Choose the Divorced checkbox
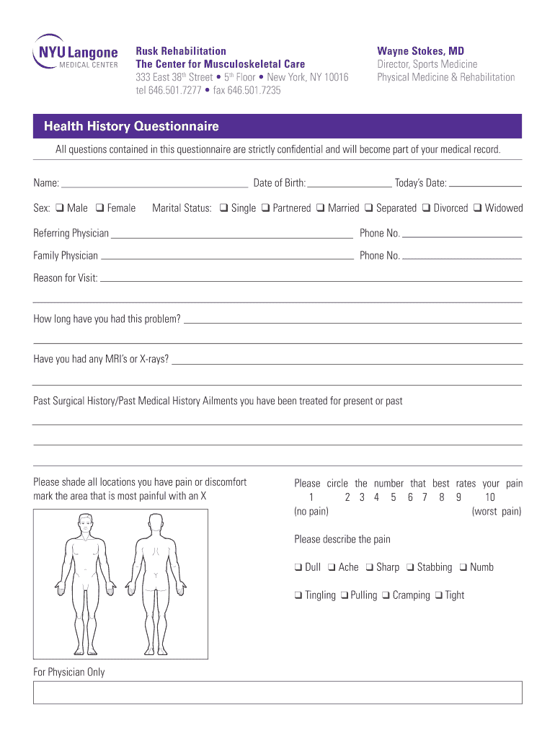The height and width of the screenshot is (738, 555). [426, 208]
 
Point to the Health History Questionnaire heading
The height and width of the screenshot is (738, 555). [131, 127]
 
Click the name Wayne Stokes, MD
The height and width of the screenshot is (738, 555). [420, 51]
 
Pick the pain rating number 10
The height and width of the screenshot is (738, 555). [489, 497]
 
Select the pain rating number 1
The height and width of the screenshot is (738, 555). [311, 497]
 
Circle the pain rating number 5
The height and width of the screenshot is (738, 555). [394, 497]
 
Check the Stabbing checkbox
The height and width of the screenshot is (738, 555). [409, 567]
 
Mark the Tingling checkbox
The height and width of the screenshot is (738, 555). [298, 595]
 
